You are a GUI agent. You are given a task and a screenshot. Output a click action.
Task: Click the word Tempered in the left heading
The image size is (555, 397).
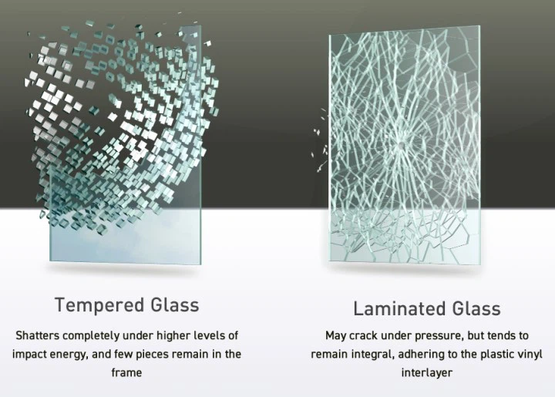[99, 305]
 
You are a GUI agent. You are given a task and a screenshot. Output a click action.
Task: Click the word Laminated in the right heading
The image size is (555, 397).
[400, 308]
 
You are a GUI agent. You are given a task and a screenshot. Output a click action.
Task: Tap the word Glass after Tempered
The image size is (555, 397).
[175, 304]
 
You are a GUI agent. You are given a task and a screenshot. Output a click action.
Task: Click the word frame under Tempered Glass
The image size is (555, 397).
[126, 372]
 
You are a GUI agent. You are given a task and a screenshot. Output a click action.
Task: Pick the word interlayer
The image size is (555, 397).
[426, 372]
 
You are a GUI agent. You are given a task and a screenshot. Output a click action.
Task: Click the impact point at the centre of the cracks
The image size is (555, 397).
[400, 144]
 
